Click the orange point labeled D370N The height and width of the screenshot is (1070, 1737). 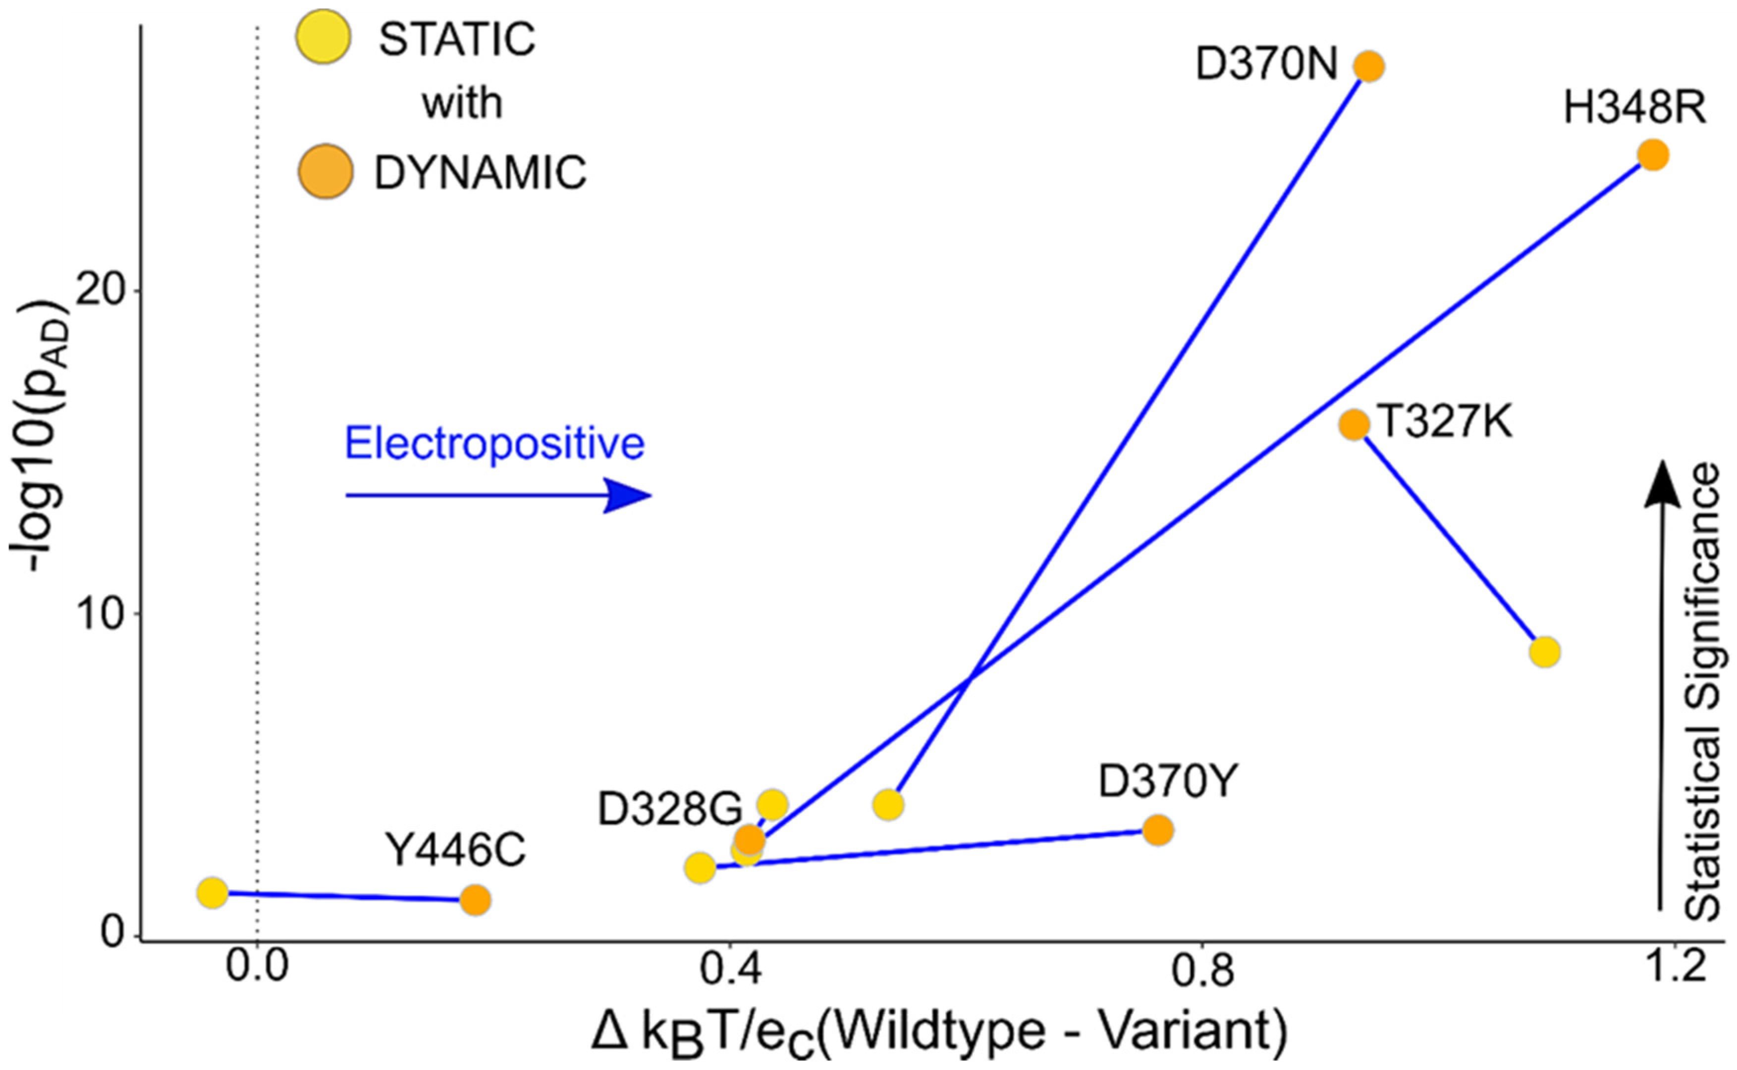[x=1369, y=66]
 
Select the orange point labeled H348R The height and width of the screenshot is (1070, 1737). [x=1653, y=155]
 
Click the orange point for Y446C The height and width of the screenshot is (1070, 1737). [x=475, y=900]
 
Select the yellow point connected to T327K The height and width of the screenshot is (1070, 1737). [x=1544, y=651]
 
